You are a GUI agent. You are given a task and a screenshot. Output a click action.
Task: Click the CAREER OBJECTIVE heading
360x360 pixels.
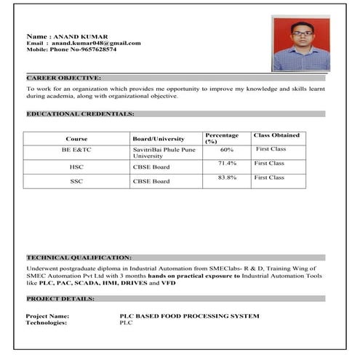pos(64,76)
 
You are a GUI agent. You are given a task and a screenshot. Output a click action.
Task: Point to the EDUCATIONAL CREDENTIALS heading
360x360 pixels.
pos(80,114)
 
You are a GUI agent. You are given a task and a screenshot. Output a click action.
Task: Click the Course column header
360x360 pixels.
pos(76,138)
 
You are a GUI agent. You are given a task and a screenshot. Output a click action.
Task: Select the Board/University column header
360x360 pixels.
pos(159,138)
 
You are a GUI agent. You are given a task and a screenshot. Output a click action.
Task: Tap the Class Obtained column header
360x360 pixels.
pos(276,135)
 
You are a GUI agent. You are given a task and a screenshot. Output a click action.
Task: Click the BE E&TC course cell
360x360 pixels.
pos(76,149)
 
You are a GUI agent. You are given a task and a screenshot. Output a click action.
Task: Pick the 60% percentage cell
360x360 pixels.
pos(226,149)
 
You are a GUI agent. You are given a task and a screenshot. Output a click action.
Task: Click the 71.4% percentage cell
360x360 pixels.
pos(227,164)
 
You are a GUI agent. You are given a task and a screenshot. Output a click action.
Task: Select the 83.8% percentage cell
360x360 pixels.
pos(227,178)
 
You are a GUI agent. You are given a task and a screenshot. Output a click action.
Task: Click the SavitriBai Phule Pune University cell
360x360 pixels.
pos(164,153)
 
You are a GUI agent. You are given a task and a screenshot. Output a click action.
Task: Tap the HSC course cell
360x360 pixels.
pos(76,167)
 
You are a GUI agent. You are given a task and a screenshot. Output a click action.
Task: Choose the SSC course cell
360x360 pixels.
pos(76,181)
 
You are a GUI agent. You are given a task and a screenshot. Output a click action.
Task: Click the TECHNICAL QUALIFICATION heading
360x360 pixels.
pos(79,257)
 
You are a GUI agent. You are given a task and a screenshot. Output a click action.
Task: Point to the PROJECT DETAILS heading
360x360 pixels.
pos(61,298)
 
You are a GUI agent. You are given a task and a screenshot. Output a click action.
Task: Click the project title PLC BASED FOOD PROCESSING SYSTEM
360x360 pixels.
pos(189,316)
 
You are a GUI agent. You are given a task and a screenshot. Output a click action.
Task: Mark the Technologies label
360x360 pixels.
pos(47,322)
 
